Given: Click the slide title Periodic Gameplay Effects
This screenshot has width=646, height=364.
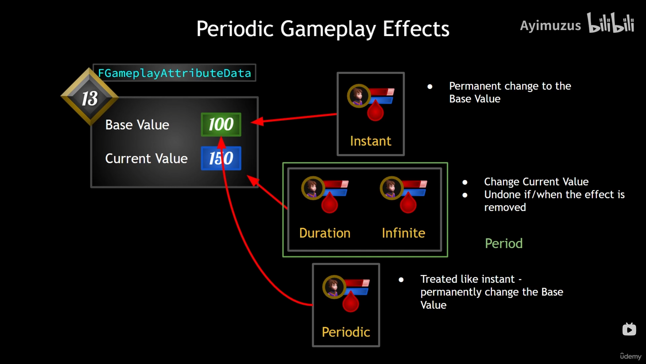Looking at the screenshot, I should (x=323, y=29).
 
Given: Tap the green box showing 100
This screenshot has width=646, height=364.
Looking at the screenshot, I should (x=221, y=124).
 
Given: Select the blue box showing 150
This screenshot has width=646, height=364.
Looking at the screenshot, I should (x=221, y=158).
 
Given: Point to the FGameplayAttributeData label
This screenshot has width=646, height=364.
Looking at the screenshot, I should (x=174, y=73).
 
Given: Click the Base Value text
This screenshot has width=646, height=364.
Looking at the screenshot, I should (x=137, y=125).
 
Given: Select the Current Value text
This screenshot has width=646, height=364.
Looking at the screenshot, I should (x=146, y=159).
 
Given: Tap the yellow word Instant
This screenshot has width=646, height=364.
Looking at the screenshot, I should (x=370, y=141).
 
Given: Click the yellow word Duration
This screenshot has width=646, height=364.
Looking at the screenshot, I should (x=325, y=233).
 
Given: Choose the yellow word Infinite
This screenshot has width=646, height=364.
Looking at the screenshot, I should (x=404, y=233).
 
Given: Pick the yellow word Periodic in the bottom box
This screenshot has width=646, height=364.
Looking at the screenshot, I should (x=346, y=332).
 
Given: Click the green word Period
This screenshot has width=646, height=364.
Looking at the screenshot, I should (x=504, y=243).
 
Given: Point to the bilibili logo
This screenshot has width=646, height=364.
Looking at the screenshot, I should (x=611, y=23).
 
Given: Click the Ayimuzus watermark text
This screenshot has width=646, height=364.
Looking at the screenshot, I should (x=550, y=26).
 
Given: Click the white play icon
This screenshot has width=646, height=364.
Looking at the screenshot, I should (x=629, y=329).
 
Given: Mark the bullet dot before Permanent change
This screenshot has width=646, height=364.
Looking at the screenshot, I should (x=430, y=87).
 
